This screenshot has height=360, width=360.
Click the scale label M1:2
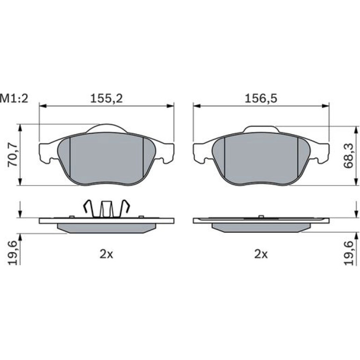[x=14, y=99]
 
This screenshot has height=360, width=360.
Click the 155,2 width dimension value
[x=107, y=99]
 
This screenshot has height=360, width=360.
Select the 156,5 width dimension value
[x=261, y=99]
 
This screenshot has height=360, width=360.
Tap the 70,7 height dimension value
[x=13, y=155]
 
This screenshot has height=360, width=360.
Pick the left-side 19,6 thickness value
[x=13, y=253]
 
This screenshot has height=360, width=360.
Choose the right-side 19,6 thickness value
[x=348, y=253]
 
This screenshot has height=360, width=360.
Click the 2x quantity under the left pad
[x=106, y=254]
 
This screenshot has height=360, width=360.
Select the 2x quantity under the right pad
[x=261, y=254]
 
